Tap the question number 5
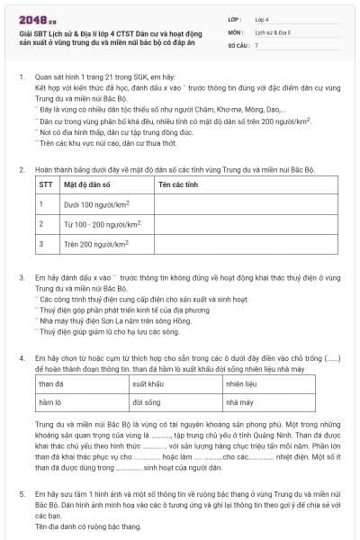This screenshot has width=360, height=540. pyautogui.click(x=21, y=494)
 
